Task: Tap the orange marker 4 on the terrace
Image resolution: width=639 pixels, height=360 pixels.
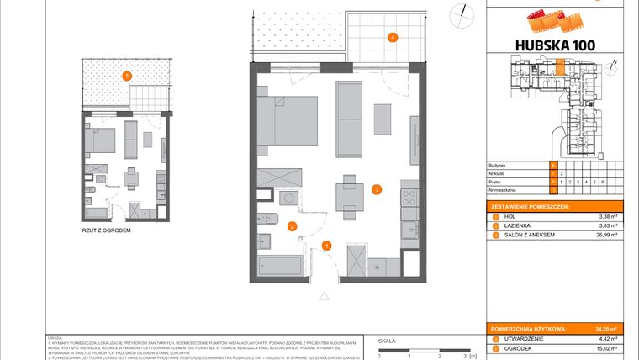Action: [x=391, y=37]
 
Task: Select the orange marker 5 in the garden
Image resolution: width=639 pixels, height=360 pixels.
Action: [x=126, y=76]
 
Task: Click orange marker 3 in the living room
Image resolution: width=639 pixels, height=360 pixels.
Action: [x=378, y=189]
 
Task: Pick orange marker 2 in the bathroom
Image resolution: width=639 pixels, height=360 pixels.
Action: [x=292, y=225]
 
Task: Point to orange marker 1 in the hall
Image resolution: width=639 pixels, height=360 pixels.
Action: [x=327, y=246]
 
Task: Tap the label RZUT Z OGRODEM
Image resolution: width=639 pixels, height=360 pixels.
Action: [x=106, y=230]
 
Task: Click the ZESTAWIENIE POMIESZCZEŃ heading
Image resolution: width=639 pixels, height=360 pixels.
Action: [x=531, y=206]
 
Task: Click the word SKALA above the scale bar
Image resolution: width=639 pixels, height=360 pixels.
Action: [x=387, y=341]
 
